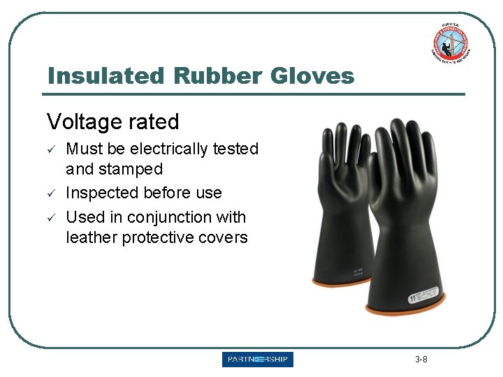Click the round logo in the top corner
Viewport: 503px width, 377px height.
[x=449, y=43]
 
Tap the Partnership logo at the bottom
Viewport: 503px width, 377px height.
[x=258, y=360]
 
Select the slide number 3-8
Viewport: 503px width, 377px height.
[x=421, y=360]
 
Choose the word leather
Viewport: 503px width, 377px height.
[x=92, y=237]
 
